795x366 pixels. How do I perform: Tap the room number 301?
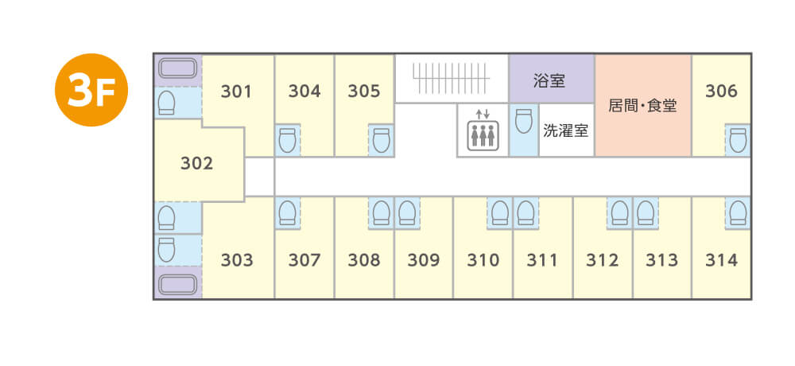pyautogui.click(x=236, y=91)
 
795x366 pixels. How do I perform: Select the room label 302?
pyautogui.click(x=196, y=163)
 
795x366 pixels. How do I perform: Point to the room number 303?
pyautogui.click(x=237, y=260)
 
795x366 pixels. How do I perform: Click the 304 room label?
pyautogui.click(x=304, y=91)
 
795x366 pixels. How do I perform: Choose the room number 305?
pyautogui.click(x=364, y=91)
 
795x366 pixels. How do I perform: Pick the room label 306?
pyautogui.click(x=721, y=91)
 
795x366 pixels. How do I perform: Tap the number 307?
pyautogui.click(x=304, y=260)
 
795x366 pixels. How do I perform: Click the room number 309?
pyautogui.click(x=423, y=260)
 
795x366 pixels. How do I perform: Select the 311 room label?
pyautogui.click(x=542, y=260)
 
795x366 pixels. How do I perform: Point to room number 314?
pyautogui.click(x=721, y=260)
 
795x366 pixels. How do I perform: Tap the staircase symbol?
pyautogui.click(x=452, y=78)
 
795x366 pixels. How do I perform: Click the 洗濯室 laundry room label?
pyautogui.click(x=565, y=129)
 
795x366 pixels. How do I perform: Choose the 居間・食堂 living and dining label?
pyautogui.click(x=642, y=105)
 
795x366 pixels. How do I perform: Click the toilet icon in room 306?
pyautogui.click(x=738, y=140)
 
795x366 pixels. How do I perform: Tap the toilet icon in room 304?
pyautogui.click(x=288, y=140)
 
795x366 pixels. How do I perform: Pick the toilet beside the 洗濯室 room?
pyautogui.click(x=522, y=122)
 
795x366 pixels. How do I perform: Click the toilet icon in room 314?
pyautogui.click(x=738, y=212)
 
